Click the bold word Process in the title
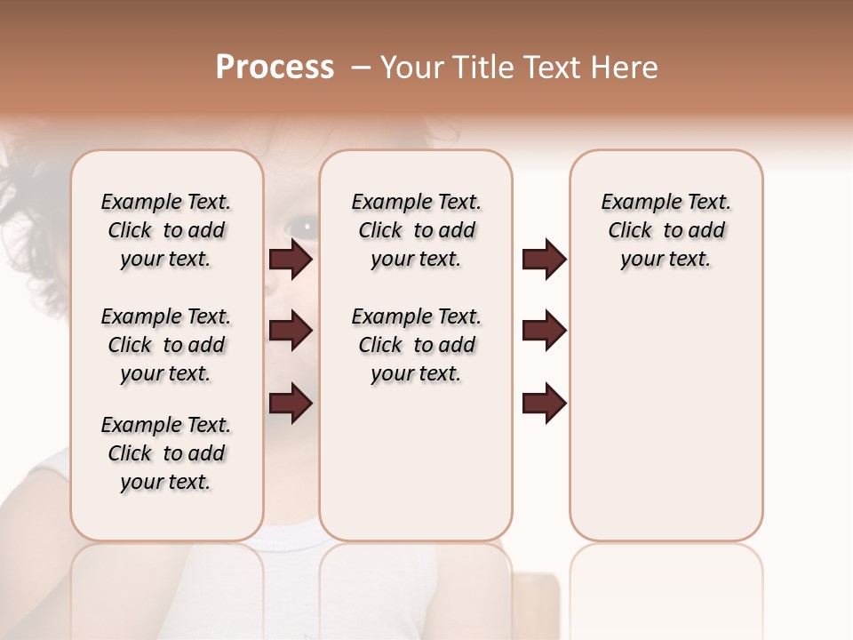pyautogui.click(x=275, y=68)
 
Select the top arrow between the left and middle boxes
pyautogui.click(x=291, y=260)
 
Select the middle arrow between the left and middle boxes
pyautogui.click(x=291, y=332)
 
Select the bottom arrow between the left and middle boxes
pyautogui.click(x=291, y=404)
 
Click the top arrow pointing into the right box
pyautogui.click(x=544, y=260)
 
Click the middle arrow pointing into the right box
pyautogui.click(x=544, y=332)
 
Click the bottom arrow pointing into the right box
pyautogui.click(x=544, y=404)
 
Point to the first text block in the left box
pyautogui.click(x=166, y=230)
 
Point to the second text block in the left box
pyautogui.click(x=166, y=345)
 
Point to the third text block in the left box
pyautogui.click(x=166, y=453)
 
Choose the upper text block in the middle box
pyautogui.click(x=416, y=230)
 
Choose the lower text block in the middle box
pyautogui.click(x=416, y=345)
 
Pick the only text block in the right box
pyautogui.click(x=666, y=230)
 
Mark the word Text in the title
pyautogui.click(x=549, y=68)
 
